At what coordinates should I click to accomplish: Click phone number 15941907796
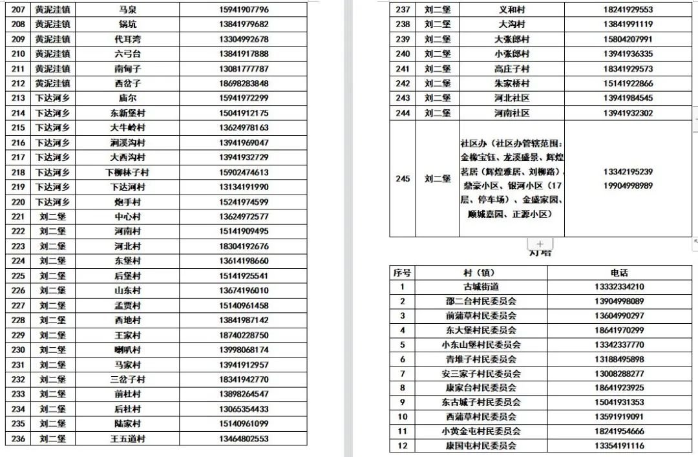(243, 10)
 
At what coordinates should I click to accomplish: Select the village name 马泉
(127, 10)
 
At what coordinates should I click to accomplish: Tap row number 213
(18, 98)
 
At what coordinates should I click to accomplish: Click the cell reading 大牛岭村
(127, 128)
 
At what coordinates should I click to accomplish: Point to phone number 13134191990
(243, 187)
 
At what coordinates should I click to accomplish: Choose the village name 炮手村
(127, 202)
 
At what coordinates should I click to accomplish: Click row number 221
(18, 217)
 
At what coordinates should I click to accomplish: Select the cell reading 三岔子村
(127, 380)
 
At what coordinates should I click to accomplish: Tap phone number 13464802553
(243, 439)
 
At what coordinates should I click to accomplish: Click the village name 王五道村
(127, 439)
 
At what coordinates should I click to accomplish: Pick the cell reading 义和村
(512, 10)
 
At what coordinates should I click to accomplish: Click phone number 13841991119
(628, 25)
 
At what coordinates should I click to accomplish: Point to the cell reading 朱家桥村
(512, 83)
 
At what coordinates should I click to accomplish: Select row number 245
(403, 179)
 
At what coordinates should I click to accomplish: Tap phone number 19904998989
(628, 186)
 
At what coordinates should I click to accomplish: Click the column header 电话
(619, 273)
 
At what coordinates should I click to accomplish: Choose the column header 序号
(403, 273)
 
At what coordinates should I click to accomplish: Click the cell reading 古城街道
(481, 287)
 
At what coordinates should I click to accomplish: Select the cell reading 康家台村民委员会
(481, 388)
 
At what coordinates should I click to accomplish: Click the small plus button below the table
(540, 244)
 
